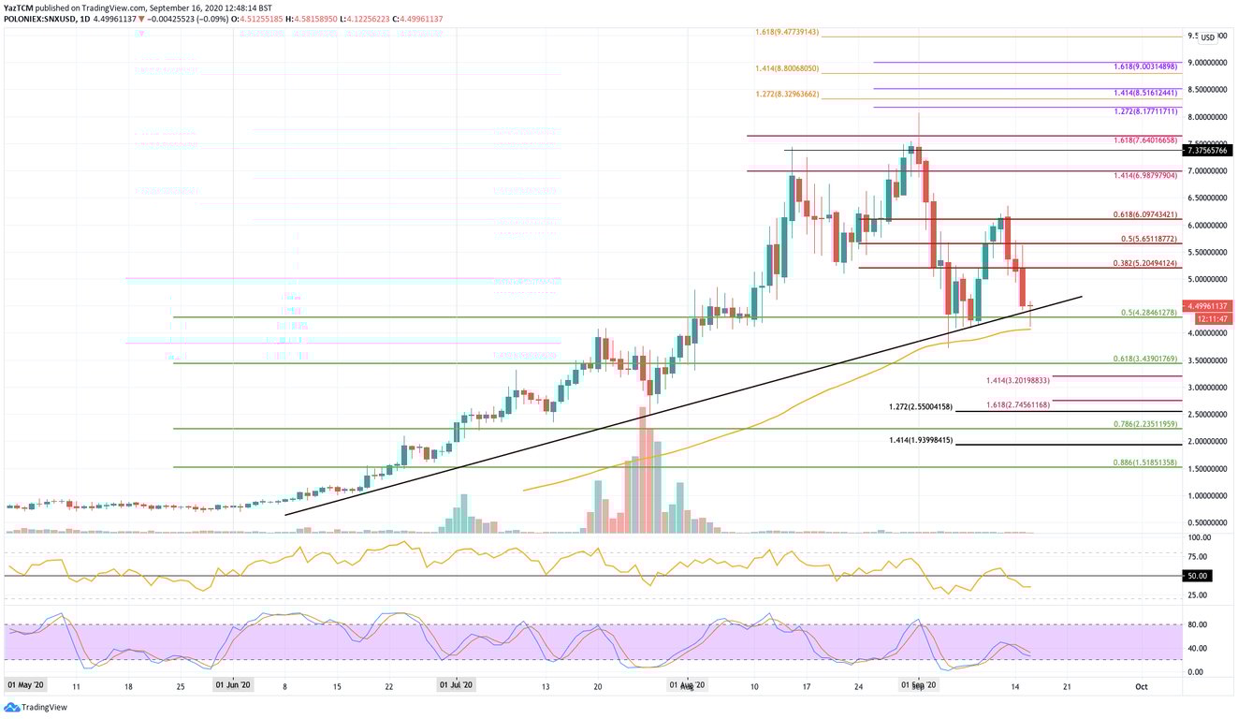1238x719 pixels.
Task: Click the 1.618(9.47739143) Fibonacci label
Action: (x=787, y=32)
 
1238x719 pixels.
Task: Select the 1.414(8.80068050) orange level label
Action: (x=787, y=68)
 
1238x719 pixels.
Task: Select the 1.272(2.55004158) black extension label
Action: (x=921, y=407)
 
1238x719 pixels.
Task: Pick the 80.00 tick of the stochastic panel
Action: (x=1197, y=624)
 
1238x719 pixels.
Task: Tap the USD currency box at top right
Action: (x=1207, y=37)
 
